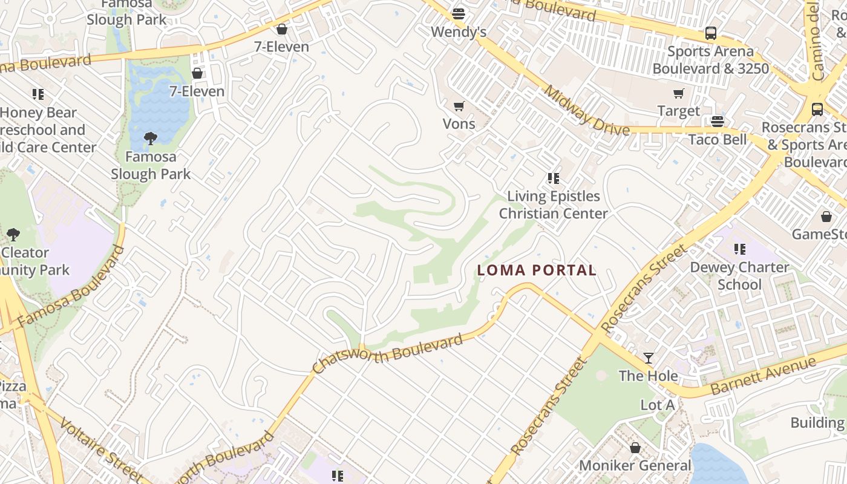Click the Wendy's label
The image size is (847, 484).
459,31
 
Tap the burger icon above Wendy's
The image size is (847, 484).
459,13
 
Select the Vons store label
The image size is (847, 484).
459,124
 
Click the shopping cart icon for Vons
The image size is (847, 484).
459,106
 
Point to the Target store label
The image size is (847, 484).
678,111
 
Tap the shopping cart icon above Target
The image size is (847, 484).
678,94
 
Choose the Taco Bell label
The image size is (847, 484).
718,140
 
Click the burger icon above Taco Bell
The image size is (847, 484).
718,122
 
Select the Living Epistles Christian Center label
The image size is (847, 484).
553,204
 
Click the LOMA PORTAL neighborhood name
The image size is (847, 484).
537,270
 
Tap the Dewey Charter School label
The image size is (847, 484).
739,276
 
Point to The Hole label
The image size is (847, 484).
648,376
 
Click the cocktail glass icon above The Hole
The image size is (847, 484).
649,358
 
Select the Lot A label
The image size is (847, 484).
657,405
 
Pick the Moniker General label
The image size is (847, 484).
635,465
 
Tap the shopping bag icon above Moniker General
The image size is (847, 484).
635,448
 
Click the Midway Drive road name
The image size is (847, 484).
586,111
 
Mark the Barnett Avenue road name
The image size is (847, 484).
764,376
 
